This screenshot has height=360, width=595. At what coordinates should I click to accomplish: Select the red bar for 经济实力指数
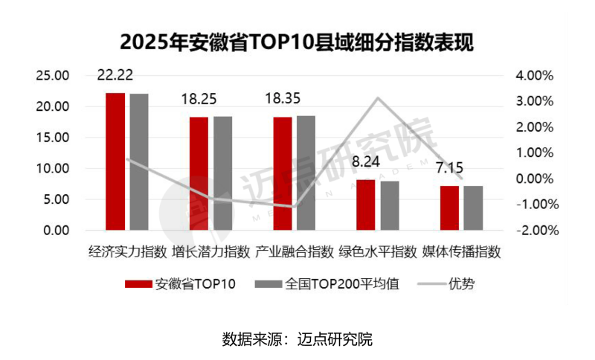click(x=115, y=161)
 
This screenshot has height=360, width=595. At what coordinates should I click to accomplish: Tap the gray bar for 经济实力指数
click(x=139, y=162)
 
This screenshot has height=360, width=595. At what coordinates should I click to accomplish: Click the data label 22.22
click(x=116, y=74)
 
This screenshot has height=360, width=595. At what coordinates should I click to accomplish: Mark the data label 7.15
click(x=450, y=167)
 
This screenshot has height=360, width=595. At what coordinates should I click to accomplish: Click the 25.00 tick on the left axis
click(x=53, y=76)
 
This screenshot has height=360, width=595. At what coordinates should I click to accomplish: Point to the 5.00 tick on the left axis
click(x=56, y=199)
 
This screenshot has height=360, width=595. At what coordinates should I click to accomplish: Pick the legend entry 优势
click(x=460, y=283)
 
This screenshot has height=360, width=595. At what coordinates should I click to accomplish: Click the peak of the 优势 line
click(x=378, y=98)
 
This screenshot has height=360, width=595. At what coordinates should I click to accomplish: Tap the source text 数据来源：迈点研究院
click(x=297, y=339)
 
